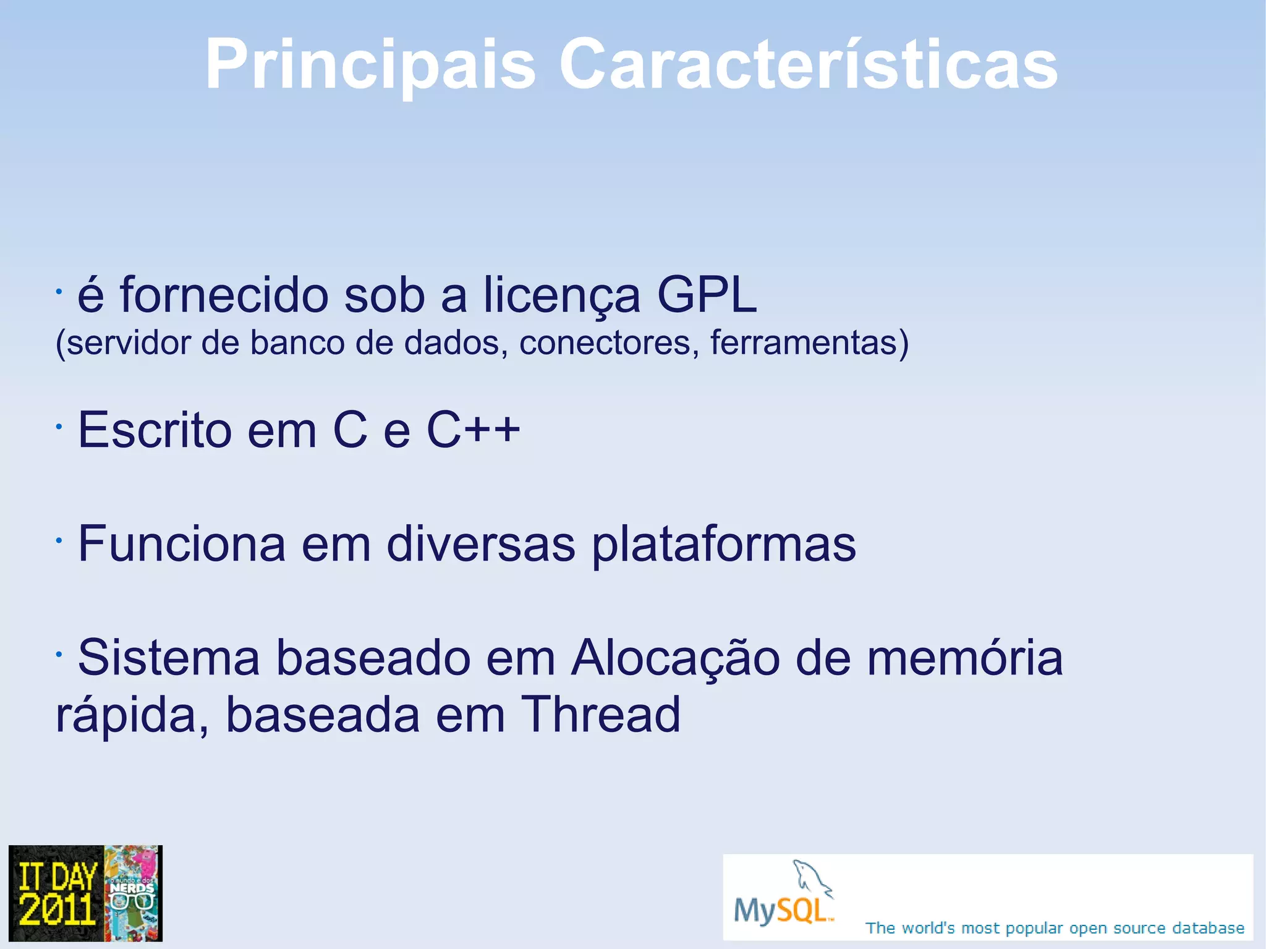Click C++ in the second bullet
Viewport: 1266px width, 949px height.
pos(473,429)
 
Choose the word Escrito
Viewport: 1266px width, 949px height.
pos(155,429)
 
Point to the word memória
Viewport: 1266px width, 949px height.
pos(964,658)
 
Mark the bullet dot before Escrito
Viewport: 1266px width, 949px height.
pos(58,426)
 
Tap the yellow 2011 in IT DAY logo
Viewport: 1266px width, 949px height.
pos(57,909)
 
